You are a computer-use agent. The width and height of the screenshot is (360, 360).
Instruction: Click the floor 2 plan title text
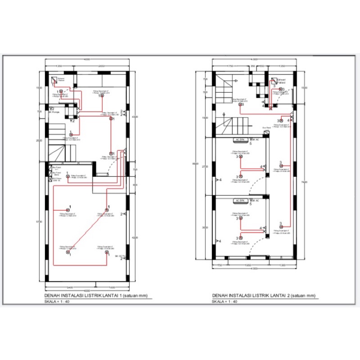tap(264, 296)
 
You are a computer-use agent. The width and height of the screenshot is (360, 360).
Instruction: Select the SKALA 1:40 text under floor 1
tap(57, 301)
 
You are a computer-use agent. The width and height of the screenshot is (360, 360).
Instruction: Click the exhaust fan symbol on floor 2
tap(273, 82)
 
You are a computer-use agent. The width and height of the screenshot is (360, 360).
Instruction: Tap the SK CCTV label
tap(119, 256)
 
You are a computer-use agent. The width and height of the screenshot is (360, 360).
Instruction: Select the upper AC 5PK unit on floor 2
tap(238, 140)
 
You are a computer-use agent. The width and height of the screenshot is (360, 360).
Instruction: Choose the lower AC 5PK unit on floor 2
tap(238, 200)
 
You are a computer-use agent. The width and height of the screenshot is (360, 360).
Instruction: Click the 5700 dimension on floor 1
tap(40, 221)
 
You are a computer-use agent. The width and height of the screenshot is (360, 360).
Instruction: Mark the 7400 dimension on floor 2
tap(305, 182)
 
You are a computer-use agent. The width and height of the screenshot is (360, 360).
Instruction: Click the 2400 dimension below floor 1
tap(70, 286)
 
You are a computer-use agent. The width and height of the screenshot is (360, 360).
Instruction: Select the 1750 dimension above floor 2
tap(231, 66)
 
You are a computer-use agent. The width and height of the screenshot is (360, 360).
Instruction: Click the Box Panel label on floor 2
tap(267, 128)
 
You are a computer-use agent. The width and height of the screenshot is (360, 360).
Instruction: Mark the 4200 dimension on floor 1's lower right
tap(134, 238)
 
